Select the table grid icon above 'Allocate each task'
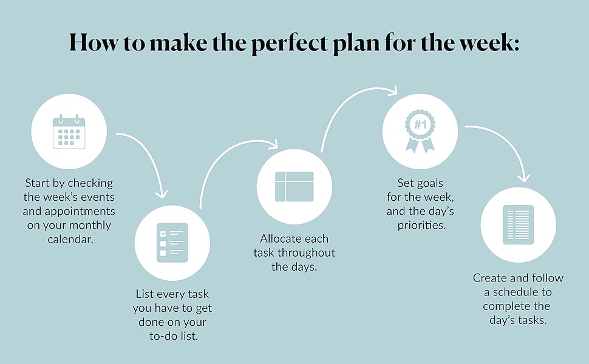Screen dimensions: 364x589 294,187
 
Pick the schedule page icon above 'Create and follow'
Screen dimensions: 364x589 518,225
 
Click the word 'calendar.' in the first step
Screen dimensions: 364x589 69,239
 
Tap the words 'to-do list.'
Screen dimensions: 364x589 172,336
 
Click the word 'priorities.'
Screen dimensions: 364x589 420,225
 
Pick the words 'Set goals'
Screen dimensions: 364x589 420,183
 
